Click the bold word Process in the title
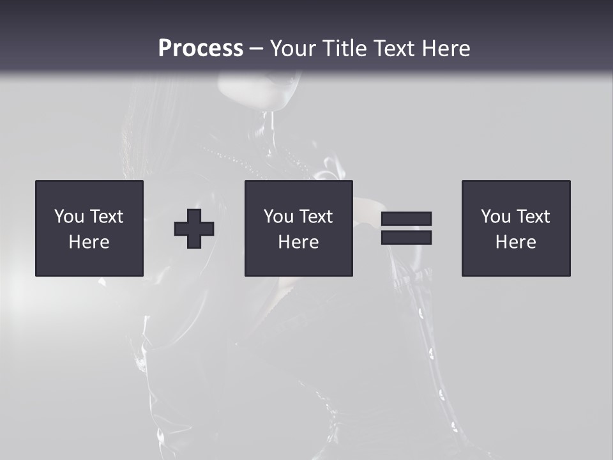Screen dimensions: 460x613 (201, 49)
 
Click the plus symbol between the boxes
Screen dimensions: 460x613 (194, 228)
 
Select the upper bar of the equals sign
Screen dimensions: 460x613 (406, 219)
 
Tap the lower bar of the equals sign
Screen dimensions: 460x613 (406, 237)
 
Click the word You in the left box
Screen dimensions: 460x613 (70, 217)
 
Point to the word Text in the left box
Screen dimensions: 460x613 (106, 217)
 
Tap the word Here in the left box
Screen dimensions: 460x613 (89, 242)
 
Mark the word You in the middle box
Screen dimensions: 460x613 (279, 217)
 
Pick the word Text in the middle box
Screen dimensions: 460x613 (315, 217)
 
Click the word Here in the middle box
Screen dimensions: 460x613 (299, 242)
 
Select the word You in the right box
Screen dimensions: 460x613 (496, 217)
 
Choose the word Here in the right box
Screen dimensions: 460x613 (516, 242)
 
